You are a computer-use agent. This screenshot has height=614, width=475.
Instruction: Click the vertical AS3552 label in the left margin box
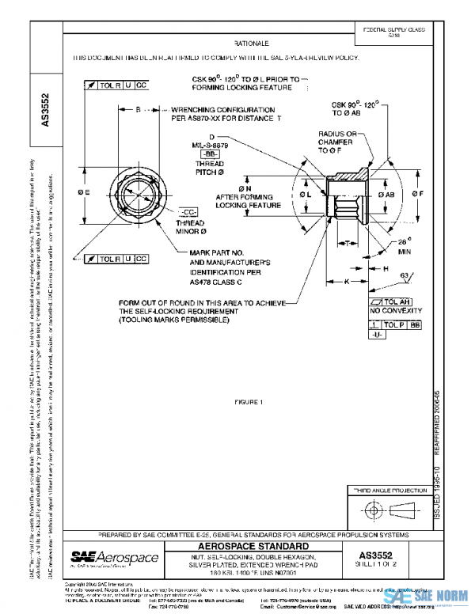coord(46,112)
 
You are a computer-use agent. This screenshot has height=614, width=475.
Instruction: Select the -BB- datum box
coord(213,153)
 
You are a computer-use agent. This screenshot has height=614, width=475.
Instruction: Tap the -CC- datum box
coord(188,213)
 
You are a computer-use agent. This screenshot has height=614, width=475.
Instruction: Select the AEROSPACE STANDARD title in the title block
coord(251,547)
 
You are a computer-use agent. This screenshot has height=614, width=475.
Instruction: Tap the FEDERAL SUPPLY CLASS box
coord(393,32)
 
